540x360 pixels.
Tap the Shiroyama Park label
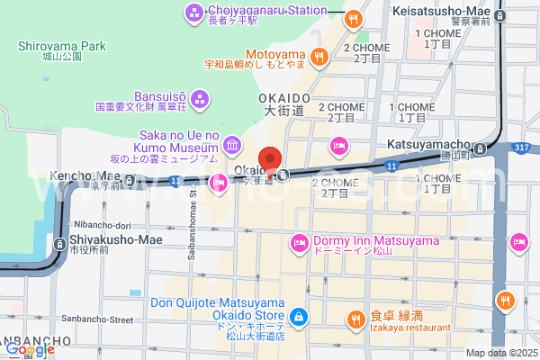pos(61,46)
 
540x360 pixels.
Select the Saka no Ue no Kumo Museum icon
pos(231,144)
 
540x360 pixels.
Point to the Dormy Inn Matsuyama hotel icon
pos(299,242)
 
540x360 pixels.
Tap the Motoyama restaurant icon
pos(319,58)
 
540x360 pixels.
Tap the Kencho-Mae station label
pos(85,175)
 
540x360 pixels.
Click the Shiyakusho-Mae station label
pos(107,241)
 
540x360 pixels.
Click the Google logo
pos(30,349)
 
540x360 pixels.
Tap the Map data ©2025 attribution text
pos(500,352)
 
